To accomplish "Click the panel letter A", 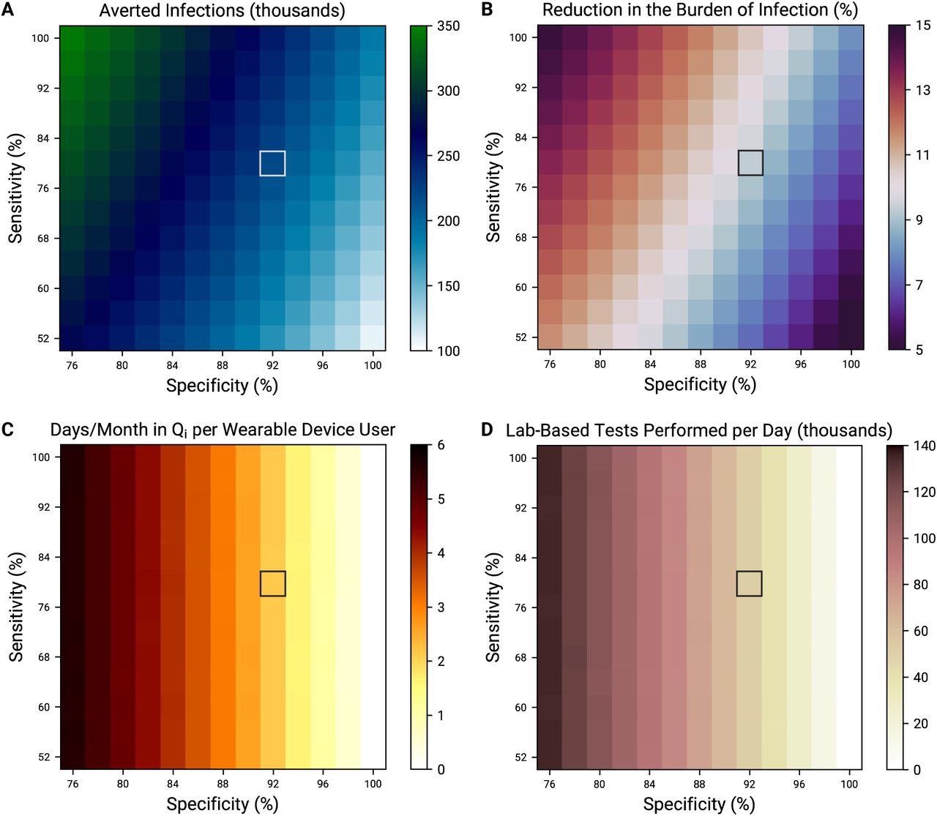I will point(7,10).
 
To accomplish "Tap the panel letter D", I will point(487,430).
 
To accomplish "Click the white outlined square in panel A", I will point(272,163).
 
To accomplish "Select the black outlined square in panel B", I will point(750,162).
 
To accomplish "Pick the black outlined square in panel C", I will point(272,583).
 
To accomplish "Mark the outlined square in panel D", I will point(749,583).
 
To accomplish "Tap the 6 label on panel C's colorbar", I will point(441,445).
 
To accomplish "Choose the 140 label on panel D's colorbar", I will point(925,446).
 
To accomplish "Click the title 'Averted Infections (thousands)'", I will point(223,10).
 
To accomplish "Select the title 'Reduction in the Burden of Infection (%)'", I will point(700,10).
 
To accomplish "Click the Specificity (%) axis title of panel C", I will point(222,804).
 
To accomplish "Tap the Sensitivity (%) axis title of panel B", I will point(494,187).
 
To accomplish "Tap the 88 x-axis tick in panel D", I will point(699,784).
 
